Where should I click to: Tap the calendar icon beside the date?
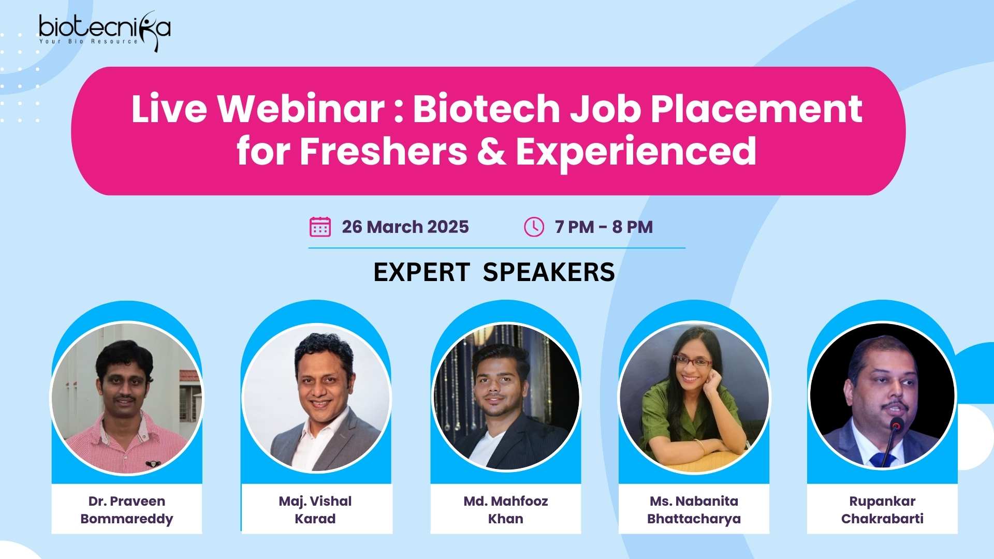click(x=320, y=227)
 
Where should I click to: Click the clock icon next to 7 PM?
click(x=534, y=227)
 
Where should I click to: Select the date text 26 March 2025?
click(x=405, y=227)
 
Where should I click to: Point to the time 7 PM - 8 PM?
click(x=604, y=227)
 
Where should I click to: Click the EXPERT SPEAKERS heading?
click(x=494, y=272)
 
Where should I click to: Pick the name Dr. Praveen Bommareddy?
click(x=127, y=510)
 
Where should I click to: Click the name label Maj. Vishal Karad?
click(x=315, y=510)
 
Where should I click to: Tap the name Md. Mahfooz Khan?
click(x=506, y=510)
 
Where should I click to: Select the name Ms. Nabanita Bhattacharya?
click(x=694, y=510)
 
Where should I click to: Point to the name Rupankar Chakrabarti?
click(x=883, y=510)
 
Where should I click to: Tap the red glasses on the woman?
click(x=692, y=361)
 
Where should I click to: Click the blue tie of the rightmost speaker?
click(x=880, y=460)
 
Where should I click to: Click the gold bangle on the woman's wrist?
click(x=700, y=446)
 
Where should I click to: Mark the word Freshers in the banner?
click(x=384, y=151)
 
